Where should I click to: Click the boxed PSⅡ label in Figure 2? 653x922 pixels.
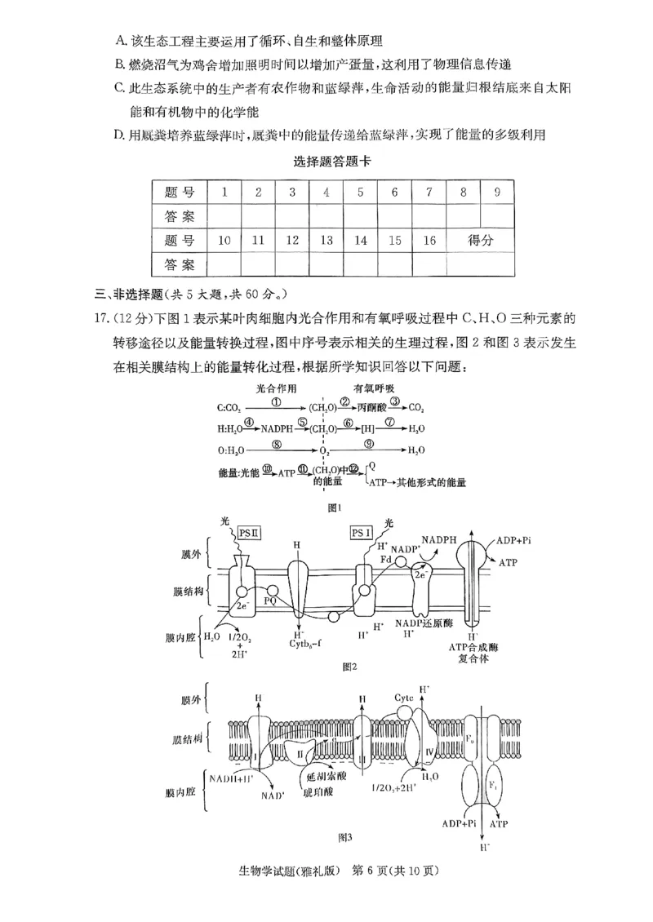tap(249, 533)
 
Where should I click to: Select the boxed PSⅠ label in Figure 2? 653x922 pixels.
tap(362, 533)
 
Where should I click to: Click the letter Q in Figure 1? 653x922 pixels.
tap(372, 466)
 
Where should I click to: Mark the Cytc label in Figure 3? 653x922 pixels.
tap(404, 698)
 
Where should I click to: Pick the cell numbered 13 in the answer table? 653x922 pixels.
tap(326, 240)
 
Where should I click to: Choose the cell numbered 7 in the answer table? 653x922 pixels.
tap(429, 193)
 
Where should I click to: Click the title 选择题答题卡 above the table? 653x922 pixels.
tap(332, 162)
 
